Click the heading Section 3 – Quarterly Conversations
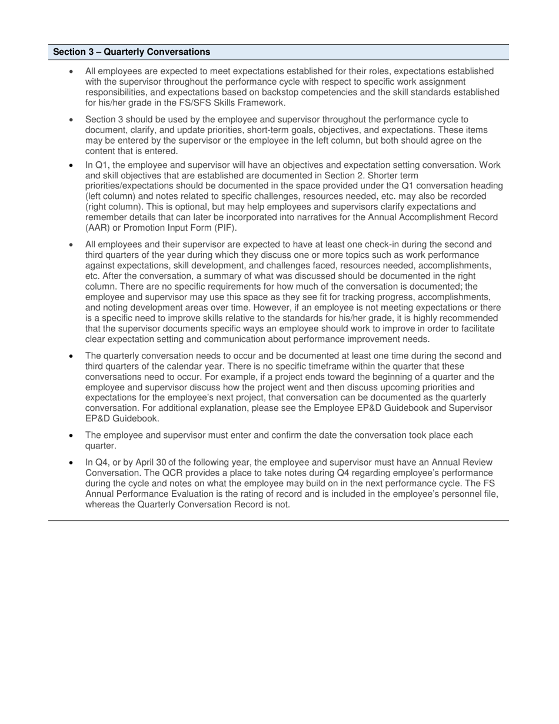point(131,52)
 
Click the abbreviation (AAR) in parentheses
point(98,228)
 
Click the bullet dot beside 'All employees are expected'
point(71,72)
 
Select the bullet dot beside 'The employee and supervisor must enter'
point(71,436)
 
